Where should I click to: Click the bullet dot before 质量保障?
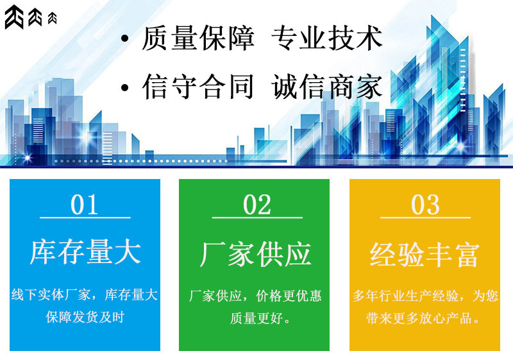tap(125, 40)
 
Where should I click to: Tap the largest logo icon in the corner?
tap(14, 17)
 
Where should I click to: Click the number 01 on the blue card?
tap(85, 205)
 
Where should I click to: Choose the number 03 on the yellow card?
tap(425, 205)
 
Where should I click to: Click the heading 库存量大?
tap(85, 252)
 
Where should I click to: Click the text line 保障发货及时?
tap(85, 317)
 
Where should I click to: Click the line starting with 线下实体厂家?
tap(85, 295)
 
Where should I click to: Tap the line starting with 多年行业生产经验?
tap(425, 296)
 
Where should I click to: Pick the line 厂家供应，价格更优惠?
tap(255, 296)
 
